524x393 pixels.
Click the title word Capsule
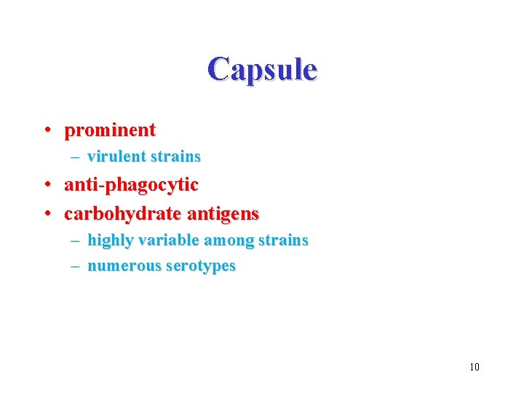tap(262, 70)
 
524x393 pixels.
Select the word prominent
tap(110, 131)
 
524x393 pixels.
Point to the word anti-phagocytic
tap(131, 186)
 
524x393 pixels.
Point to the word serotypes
tap(201, 266)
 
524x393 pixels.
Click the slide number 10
tap(474, 367)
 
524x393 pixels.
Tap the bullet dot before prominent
tap(46, 131)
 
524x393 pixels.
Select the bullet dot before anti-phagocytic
tap(46, 186)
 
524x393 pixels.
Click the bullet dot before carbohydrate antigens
tap(46, 215)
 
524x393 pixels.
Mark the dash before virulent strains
tap(75, 156)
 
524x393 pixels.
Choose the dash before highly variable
tap(75, 240)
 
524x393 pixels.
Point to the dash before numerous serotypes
tap(75, 266)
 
